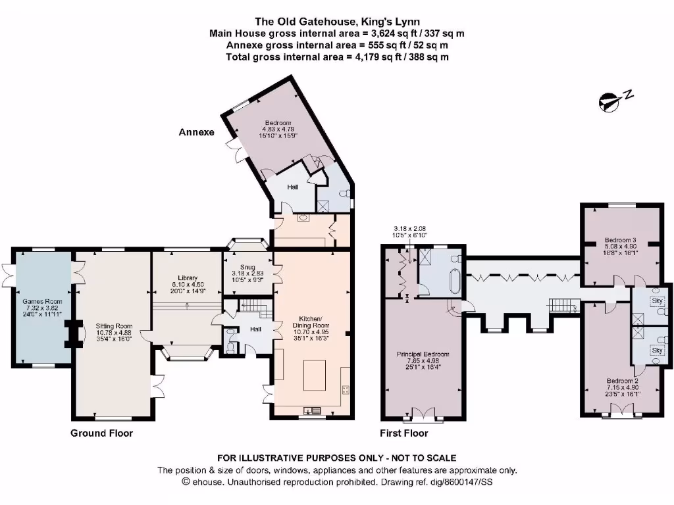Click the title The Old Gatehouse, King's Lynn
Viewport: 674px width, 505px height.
(337, 21)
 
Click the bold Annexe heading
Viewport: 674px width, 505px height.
(197, 132)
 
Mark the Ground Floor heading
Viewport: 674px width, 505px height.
(102, 433)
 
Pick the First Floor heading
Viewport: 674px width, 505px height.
(403, 433)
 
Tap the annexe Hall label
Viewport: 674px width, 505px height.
(292, 187)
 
